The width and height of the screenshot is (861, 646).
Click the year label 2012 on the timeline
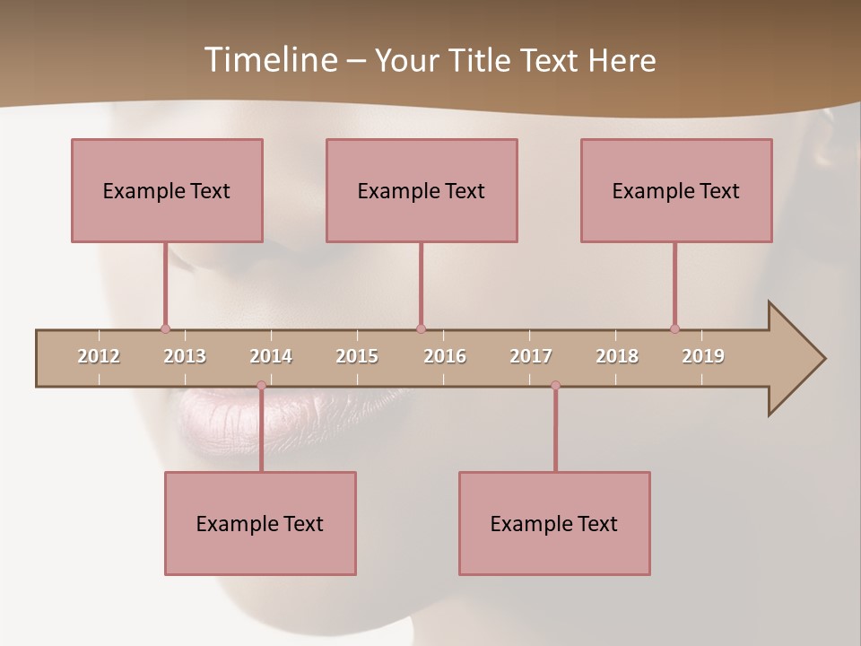(x=99, y=356)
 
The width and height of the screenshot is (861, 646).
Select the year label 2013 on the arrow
(x=185, y=356)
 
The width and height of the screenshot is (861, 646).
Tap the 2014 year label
(x=271, y=356)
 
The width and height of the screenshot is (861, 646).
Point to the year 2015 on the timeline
(x=357, y=356)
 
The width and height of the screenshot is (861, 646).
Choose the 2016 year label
(x=445, y=356)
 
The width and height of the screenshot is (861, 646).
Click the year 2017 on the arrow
(x=531, y=356)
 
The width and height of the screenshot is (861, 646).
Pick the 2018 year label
(x=617, y=356)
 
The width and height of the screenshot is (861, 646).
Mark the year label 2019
(x=703, y=356)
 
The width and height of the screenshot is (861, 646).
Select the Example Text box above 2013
(x=167, y=190)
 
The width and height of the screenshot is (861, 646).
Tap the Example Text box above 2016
(x=422, y=190)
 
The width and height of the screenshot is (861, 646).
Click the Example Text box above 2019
(x=676, y=190)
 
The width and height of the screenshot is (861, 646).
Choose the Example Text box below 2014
(x=260, y=523)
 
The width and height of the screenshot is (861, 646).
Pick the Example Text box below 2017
(x=554, y=523)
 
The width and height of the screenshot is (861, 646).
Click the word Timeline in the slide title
(x=269, y=60)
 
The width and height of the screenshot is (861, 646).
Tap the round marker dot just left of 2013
(x=165, y=328)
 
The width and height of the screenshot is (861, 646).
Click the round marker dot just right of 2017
(x=555, y=385)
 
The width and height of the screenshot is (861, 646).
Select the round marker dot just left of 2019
(x=674, y=328)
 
